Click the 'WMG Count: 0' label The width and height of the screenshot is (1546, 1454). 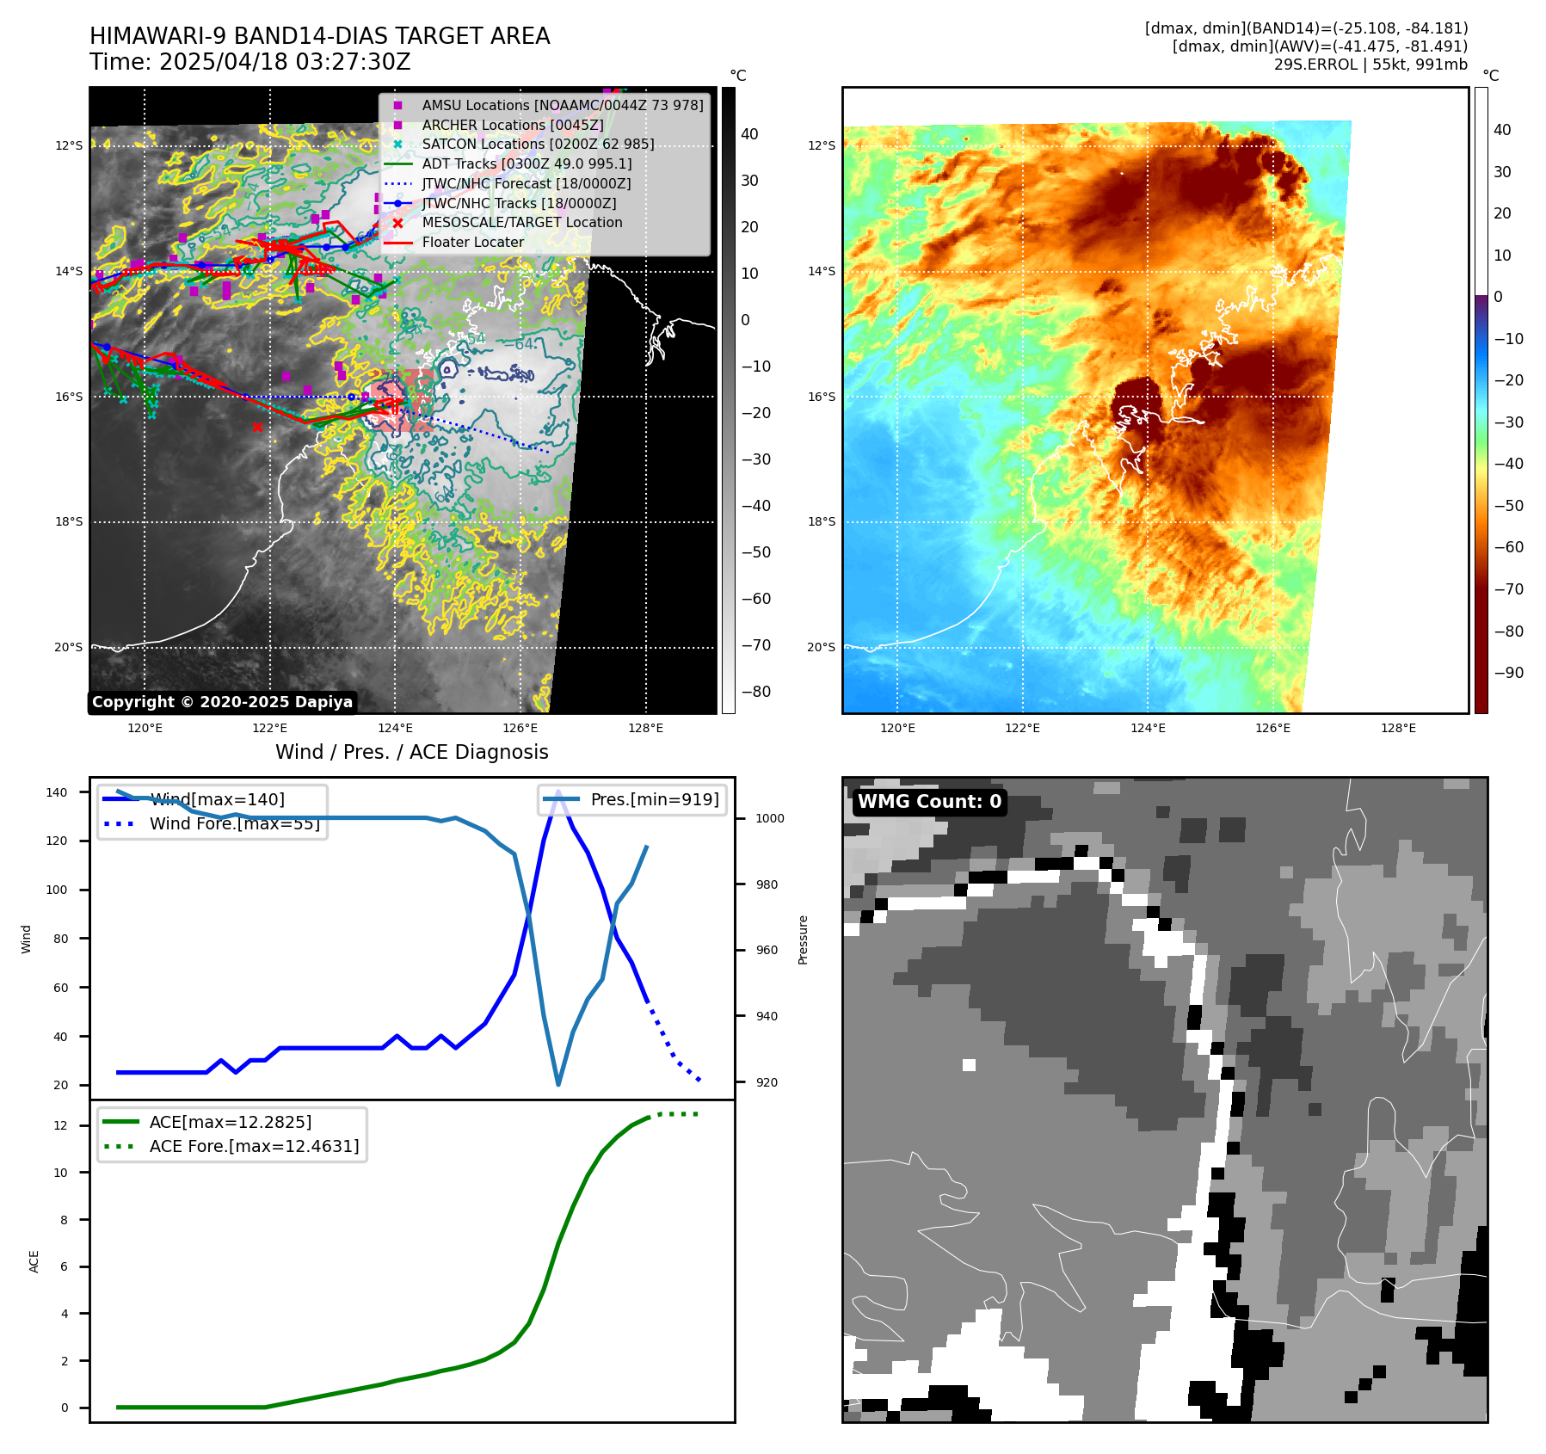[x=929, y=802]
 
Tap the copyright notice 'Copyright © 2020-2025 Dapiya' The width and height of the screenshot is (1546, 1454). [x=222, y=702]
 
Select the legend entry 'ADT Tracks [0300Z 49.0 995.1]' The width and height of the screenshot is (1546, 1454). [x=527, y=163]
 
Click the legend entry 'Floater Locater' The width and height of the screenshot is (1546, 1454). [x=472, y=243]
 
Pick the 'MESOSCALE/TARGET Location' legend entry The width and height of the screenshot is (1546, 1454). [x=521, y=223]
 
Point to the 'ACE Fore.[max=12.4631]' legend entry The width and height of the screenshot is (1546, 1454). [x=254, y=1146]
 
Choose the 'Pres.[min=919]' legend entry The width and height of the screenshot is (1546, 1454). [x=654, y=799]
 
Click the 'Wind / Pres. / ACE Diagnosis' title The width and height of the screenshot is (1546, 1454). [x=411, y=752]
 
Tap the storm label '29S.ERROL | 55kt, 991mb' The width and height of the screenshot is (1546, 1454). [x=1370, y=65]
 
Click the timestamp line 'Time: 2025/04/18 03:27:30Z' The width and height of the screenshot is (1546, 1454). [x=250, y=63]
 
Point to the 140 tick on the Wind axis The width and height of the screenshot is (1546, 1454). [x=57, y=792]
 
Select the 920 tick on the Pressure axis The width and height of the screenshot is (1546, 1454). [x=766, y=1082]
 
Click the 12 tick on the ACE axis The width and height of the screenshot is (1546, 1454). [x=60, y=1125]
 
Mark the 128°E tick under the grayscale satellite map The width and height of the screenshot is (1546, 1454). [x=645, y=728]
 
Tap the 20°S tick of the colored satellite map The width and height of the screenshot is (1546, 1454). [x=821, y=647]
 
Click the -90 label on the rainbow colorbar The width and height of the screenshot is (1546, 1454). [x=1508, y=673]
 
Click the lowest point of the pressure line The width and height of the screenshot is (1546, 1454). [x=558, y=1084]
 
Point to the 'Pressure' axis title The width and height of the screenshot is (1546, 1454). [x=803, y=940]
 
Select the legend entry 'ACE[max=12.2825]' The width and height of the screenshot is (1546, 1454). [x=230, y=1122]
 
